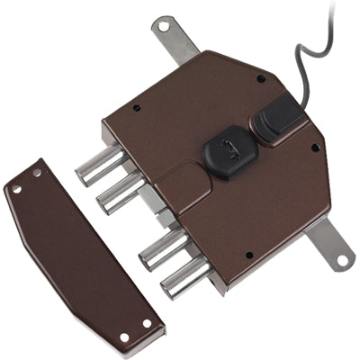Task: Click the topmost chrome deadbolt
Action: (101, 166)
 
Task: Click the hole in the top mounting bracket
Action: (163, 27)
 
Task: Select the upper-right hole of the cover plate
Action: (37, 172)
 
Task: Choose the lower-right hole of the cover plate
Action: (146, 322)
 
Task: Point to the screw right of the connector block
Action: (314, 148)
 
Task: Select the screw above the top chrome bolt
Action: (137, 108)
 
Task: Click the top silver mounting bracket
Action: (175, 39)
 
